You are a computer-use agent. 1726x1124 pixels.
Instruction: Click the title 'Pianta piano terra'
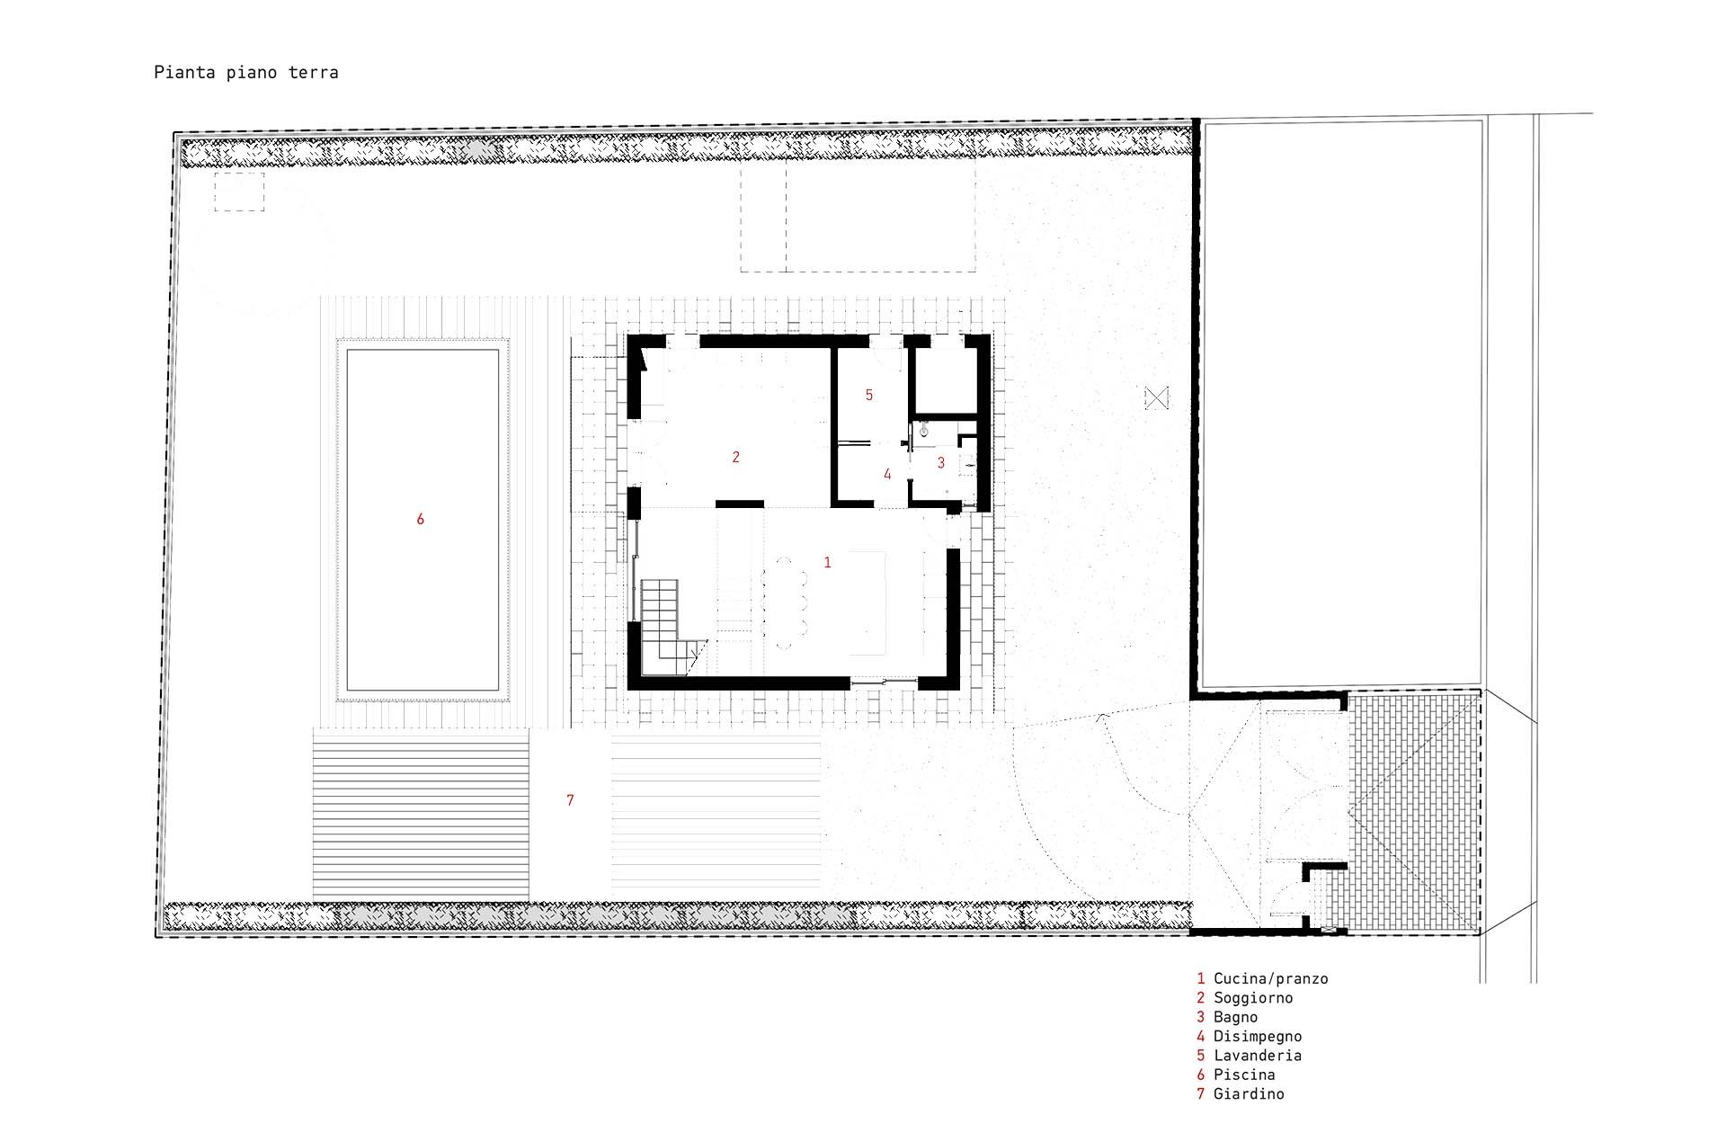246,73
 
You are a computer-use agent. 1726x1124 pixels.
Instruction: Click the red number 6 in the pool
420,519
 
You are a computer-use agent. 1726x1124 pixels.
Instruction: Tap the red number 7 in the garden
570,799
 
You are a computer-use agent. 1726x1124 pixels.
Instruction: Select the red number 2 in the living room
735,457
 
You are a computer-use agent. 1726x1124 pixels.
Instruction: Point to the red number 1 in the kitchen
827,562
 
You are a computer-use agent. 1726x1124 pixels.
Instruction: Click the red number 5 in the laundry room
869,394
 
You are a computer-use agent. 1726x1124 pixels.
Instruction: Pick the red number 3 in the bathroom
941,462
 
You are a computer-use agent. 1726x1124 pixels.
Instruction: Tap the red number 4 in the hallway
887,474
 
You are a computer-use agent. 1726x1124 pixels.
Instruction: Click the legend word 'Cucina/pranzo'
1270,978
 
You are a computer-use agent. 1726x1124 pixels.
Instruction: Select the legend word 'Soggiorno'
1253,997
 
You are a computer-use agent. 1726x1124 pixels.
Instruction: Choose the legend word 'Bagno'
1235,1017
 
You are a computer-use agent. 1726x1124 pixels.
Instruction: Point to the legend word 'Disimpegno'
1258,1036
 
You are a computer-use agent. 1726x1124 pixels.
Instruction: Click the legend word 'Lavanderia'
1258,1055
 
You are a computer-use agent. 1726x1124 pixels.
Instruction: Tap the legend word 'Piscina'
1244,1075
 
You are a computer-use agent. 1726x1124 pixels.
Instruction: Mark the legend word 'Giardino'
1249,1093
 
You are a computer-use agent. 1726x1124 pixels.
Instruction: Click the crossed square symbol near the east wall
1157,397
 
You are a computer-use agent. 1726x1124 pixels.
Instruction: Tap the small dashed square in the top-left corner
239,192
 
